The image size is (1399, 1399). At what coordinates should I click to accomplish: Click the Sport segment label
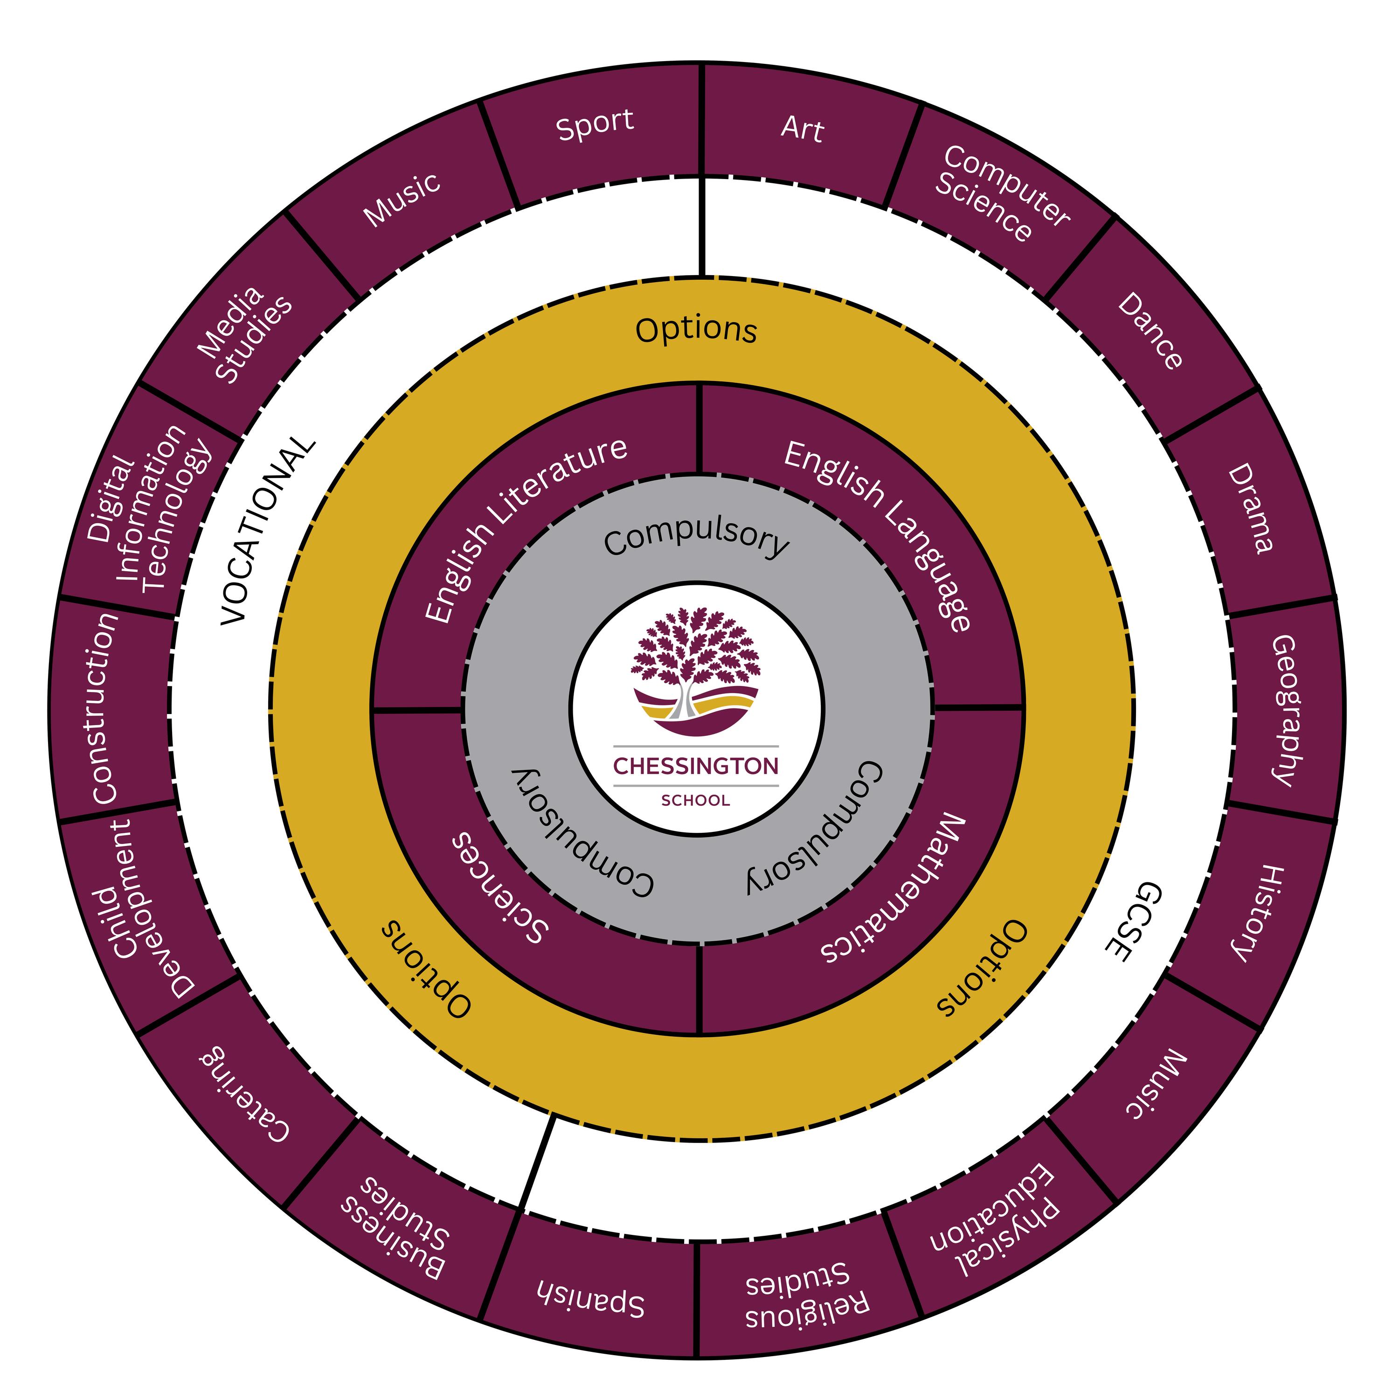595,125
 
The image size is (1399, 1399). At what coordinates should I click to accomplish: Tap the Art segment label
802,129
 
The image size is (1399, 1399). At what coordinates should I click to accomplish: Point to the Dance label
1150,331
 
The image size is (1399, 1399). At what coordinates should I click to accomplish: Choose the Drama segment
1251,509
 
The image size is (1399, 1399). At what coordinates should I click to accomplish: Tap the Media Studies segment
244,334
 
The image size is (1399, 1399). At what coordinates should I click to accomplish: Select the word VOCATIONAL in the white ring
266,532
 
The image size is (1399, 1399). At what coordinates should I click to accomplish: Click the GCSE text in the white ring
1133,921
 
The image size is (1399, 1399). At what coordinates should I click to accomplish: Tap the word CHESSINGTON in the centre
696,765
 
